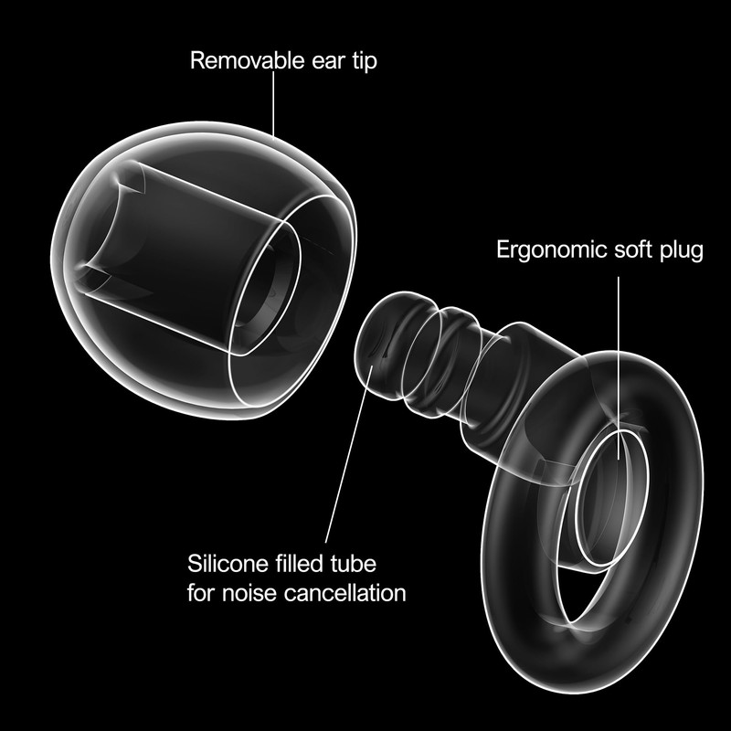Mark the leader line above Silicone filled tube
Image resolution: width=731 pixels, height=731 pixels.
pos(343,457)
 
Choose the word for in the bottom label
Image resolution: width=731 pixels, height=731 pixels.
pos(202,592)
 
